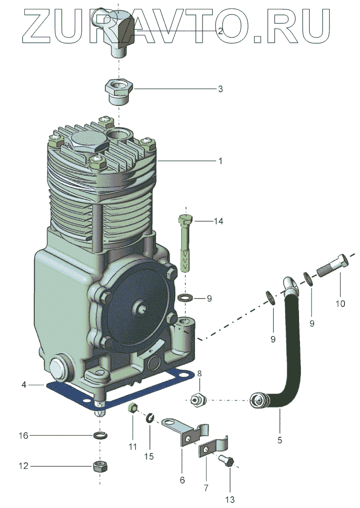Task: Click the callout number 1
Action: [220, 161]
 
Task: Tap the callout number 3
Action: [220, 89]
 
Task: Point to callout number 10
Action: [340, 304]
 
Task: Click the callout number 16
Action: [23, 436]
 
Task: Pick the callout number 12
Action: [23, 466]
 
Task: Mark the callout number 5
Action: [280, 440]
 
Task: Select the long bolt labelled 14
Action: [186, 244]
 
